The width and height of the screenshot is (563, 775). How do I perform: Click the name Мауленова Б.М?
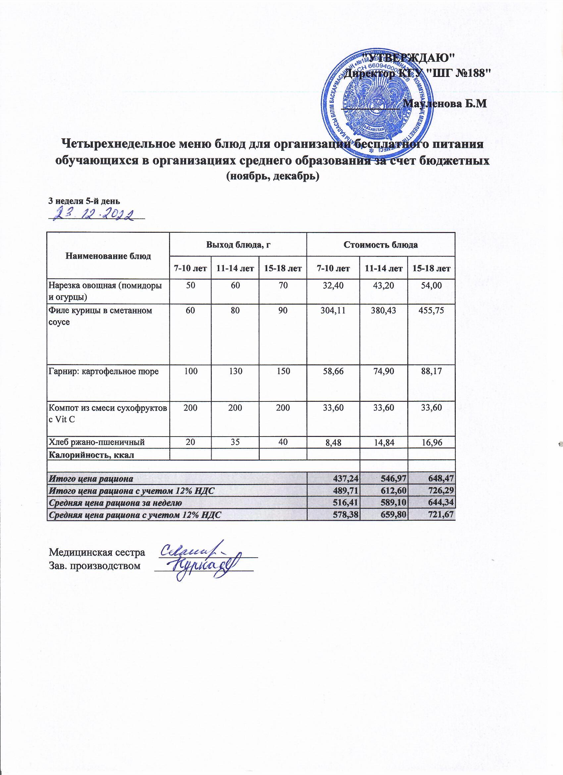tap(444, 103)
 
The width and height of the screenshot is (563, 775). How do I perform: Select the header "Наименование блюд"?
tap(108, 256)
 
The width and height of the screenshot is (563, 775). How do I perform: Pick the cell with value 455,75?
tap(431, 311)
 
